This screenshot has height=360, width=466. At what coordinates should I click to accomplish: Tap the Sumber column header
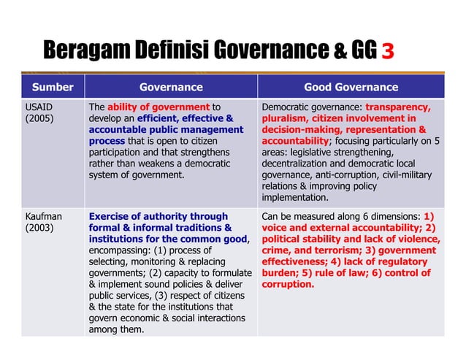pos(52,88)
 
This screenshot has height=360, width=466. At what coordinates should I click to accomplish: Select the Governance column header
pos(171,88)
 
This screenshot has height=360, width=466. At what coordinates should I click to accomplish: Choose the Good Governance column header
pos(351,88)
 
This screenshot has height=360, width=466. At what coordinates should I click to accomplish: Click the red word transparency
pos(402,107)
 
